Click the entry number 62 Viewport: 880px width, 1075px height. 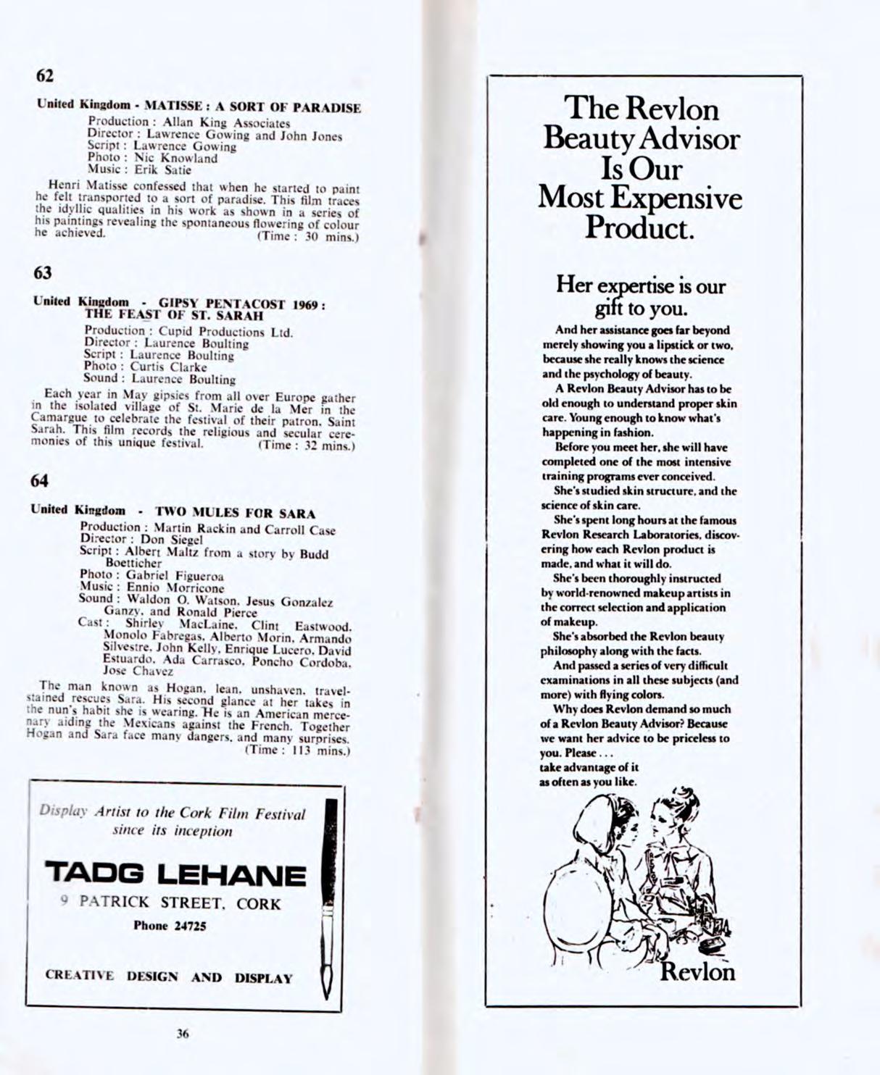point(45,75)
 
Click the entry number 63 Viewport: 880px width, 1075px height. point(43,273)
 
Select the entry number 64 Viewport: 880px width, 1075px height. point(41,480)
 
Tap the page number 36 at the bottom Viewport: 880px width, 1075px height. point(183,1034)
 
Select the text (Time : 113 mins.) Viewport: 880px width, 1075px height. point(299,750)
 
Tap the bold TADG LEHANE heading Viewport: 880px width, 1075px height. point(175,875)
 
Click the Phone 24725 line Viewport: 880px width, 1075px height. point(170,925)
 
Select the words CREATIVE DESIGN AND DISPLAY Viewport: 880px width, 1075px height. point(169,976)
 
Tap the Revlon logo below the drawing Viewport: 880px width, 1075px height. point(697,971)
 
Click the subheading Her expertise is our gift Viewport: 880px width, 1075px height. point(641,296)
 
